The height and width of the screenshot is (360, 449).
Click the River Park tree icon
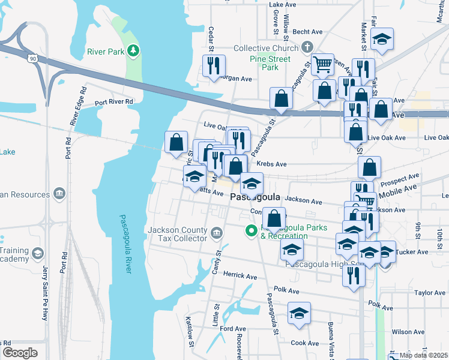pyautogui.click(x=136, y=52)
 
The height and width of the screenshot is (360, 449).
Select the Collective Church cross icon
pyautogui.click(x=307, y=47)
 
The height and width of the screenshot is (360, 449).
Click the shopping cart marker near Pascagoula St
pyautogui.click(x=323, y=64)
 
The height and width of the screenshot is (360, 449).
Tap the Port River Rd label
pyautogui.click(x=113, y=101)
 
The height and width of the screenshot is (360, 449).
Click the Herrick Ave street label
pyautogui.click(x=240, y=275)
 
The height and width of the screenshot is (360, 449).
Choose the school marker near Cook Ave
pyautogui.click(x=299, y=314)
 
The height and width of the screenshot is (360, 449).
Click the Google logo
pyautogui.click(x=20, y=352)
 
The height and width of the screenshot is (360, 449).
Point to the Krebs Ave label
pyautogui.click(x=271, y=164)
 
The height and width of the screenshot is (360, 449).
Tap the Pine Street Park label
pyautogui.click(x=270, y=63)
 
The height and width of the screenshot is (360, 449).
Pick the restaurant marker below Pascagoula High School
pyautogui.click(x=353, y=275)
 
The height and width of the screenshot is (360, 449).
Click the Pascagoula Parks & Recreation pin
pyautogui.click(x=251, y=230)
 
